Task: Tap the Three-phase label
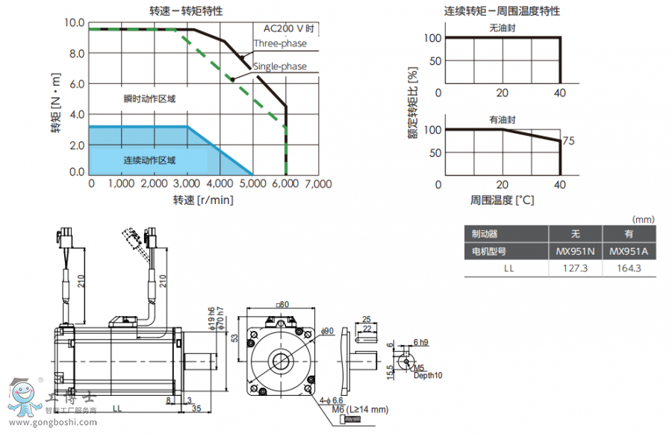280,43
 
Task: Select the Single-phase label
280,66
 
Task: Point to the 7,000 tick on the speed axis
318,184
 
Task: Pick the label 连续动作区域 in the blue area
149,160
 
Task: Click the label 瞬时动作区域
149,99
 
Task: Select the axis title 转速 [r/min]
203,200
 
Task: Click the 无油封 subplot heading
503,28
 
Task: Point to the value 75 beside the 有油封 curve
569,140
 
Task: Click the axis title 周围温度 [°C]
503,200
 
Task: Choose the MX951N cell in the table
576,252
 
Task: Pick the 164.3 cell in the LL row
629,268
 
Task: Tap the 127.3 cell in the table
576,268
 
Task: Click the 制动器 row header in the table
480,235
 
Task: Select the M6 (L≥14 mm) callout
361,409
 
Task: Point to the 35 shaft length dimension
196,409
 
